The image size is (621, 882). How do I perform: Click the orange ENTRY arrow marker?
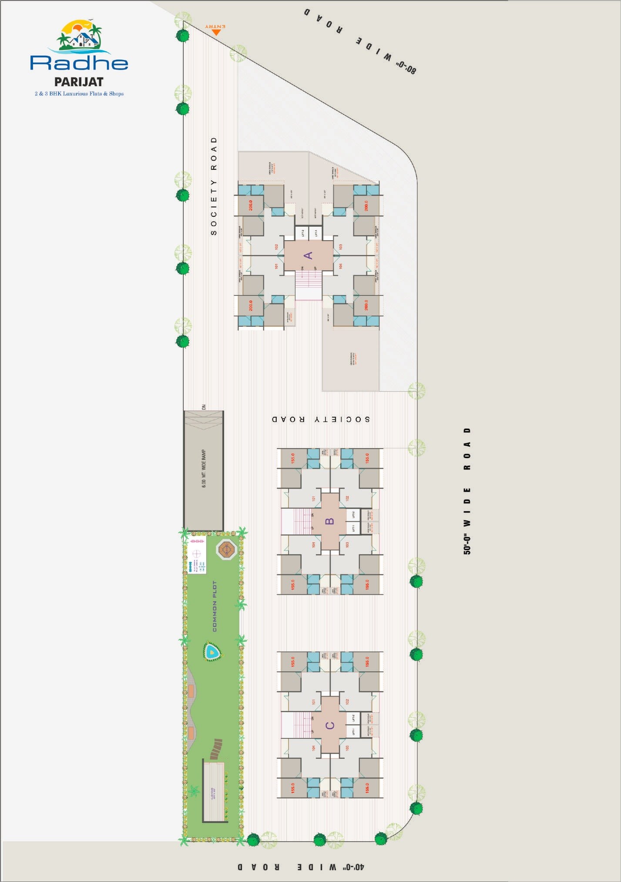[216, 31]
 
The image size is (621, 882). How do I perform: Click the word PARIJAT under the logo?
[79, 82]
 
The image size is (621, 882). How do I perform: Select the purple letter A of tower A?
[308, 255]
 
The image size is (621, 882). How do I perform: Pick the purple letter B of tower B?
[330, 521]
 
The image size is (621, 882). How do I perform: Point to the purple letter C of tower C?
[330, 725]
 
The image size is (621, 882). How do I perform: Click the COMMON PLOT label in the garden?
[214, 606]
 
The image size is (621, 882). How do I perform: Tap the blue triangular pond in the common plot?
[212, 652]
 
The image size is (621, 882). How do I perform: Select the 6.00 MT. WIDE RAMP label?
[204, 469]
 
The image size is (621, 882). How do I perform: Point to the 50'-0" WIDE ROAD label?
[467, 491]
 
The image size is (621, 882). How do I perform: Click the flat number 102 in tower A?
[276, 247]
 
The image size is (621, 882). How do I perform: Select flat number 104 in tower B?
[313, 545]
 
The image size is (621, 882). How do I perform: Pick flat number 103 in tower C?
[347, 748]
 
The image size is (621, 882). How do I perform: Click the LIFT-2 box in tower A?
[302, 233]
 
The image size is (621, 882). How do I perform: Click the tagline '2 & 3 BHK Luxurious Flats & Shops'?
[79, 94]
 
